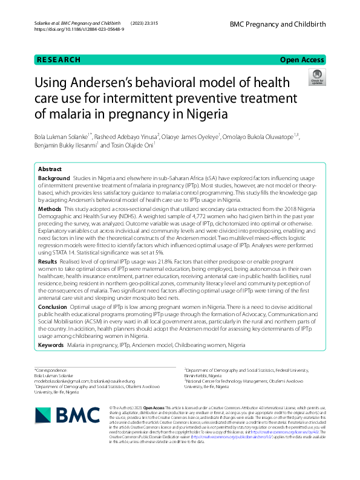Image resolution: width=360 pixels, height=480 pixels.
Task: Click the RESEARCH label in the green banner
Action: [59, 60]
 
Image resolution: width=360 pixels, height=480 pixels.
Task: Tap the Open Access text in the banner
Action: [302, 60]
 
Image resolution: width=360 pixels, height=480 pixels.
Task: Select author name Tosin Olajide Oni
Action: [127, 145]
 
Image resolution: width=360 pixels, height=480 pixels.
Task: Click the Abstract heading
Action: [50, 170]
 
